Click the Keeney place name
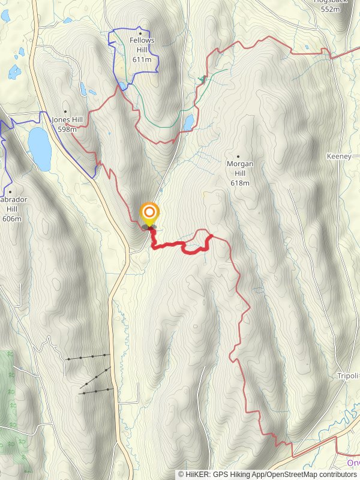(338, 156)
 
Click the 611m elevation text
(142, 59)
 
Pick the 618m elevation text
(239, 182)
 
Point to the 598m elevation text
(68, 129)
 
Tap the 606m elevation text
(12, 219)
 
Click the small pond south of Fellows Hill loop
(122, 86)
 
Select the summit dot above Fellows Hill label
(140, 32)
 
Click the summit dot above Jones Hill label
(65, 112)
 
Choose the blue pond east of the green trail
(189, 122)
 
